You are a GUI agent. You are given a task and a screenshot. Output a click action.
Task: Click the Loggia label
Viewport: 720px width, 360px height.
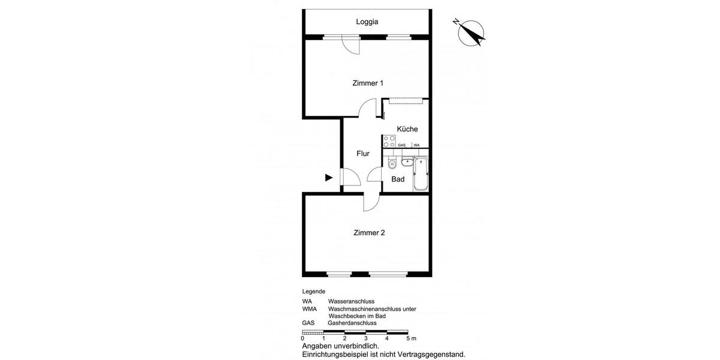coord(367,22)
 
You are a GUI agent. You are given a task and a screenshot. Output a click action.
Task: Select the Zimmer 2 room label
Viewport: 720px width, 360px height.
coord(369,233)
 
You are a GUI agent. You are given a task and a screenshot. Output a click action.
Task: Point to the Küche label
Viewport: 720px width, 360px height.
coord(407,129)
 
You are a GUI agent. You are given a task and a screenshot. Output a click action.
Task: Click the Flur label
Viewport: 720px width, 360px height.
coord(363,154)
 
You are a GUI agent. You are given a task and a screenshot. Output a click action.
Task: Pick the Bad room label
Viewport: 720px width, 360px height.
coord(398,179)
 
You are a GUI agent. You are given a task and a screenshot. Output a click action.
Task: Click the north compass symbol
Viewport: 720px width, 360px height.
coord(470,32)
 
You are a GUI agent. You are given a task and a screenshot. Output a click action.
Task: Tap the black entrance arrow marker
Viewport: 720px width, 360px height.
coord(329,178)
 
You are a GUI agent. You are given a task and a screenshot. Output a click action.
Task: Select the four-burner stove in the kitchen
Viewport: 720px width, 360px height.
coord(389,142)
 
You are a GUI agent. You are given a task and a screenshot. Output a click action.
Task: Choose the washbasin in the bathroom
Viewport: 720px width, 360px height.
coord(406,161)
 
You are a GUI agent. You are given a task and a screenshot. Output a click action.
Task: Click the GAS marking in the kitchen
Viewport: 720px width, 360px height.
coord(401,145)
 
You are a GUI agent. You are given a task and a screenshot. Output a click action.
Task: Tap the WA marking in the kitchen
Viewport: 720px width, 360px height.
coord(416,145)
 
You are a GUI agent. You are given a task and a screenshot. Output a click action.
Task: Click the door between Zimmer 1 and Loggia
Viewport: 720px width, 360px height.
coord(350,43)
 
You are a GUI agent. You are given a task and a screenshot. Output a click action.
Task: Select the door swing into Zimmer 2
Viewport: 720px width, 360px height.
coord(371,202)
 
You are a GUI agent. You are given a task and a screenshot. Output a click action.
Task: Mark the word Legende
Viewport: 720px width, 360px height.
coord(314,291)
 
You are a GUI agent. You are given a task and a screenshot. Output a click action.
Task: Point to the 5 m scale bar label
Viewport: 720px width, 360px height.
coord(410,338)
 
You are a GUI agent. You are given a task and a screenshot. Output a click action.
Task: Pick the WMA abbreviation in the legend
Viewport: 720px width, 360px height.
coord(310,309)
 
